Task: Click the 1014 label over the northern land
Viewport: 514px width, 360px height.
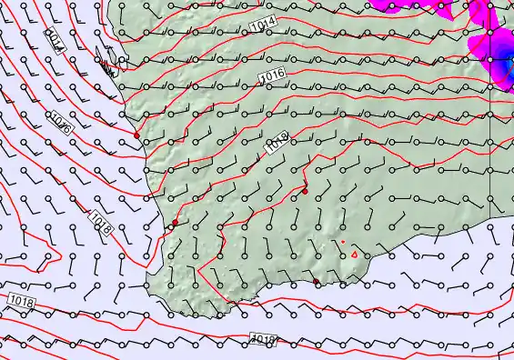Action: click(262, 25)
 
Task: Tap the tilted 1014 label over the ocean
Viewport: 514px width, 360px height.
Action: click(55, 40)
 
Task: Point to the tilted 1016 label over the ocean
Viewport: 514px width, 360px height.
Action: click(62, 121)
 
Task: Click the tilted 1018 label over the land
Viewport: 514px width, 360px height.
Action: click(277, 142)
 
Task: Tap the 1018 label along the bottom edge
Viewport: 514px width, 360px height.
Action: click(263, 339)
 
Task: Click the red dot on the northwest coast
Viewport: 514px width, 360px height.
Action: click(136, 135)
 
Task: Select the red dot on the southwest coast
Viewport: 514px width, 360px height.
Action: click(175, 222)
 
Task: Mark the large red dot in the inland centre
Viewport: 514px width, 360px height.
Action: click(306, 191)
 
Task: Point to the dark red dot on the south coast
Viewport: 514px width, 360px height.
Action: click(317, 282)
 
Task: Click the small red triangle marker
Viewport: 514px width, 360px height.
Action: click(354, 255)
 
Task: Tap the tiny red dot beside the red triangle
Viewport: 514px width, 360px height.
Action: click(343, 242)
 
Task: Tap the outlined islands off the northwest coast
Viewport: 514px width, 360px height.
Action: click(109, 68)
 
